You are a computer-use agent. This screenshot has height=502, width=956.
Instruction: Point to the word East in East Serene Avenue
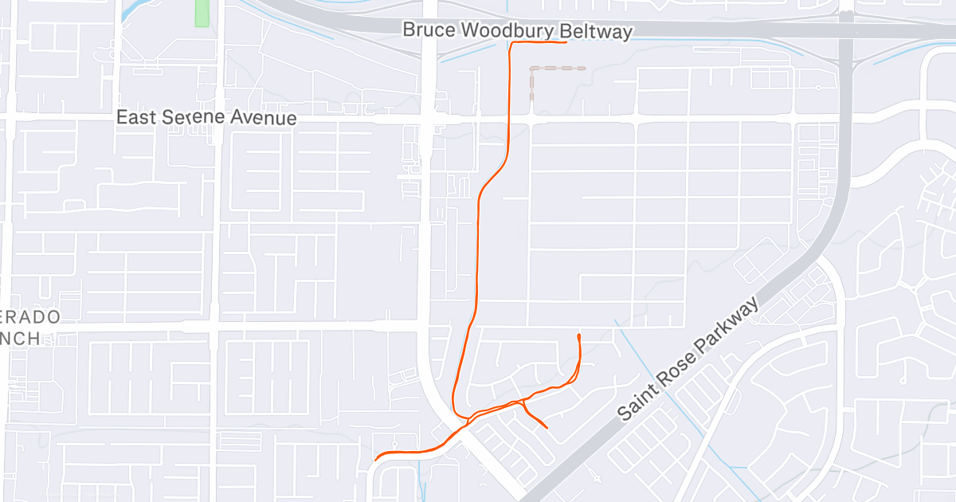point(136,117)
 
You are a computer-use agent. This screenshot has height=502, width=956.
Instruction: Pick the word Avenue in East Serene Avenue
point(270,119)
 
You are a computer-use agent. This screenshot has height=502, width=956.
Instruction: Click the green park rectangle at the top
point(202,13)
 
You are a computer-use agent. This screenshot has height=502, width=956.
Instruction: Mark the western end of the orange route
point(375,459)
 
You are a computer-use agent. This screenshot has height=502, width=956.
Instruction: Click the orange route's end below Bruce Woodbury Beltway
point(566,43)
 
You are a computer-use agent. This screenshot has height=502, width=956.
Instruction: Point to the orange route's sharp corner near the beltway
point(511,45)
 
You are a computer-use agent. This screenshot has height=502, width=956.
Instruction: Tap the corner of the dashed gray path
point(532,69)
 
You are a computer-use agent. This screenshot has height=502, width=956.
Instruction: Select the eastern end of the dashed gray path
point(584,69)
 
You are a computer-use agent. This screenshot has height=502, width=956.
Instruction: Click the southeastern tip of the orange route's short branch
point(547,428)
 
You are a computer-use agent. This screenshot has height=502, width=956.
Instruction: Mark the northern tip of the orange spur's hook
point(578,336)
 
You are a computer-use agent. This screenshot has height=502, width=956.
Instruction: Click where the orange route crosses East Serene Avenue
point(510,117)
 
